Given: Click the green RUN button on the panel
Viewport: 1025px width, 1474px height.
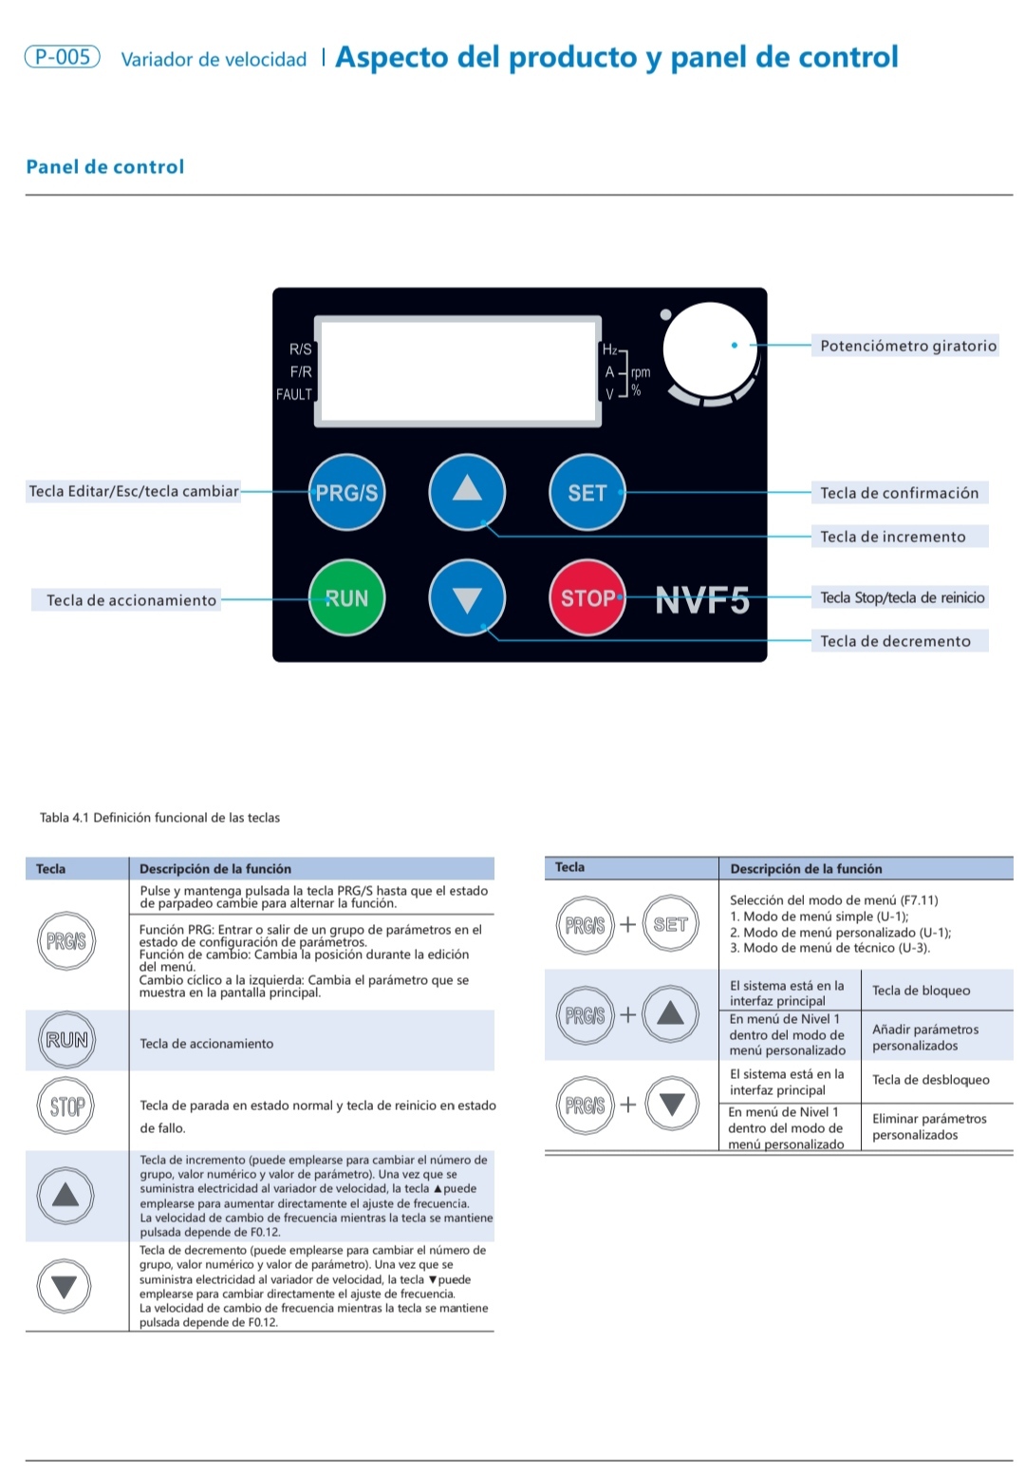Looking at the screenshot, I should coord(346,597).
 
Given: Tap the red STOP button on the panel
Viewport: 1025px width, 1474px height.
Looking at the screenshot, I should coord(587,597).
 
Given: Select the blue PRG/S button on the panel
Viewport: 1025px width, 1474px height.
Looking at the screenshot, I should coord(346,492).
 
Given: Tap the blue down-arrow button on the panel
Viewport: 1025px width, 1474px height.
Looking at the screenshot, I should coord(467,598).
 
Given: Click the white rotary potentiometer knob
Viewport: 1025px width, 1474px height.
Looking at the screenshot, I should coord(709,349).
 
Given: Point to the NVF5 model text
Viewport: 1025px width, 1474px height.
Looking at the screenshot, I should coord(702,600).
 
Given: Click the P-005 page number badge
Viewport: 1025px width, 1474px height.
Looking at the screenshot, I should coord(63,57).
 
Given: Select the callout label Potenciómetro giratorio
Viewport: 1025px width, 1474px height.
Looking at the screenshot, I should coord(907,346).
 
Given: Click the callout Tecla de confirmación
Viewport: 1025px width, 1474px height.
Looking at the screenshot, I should coord(899,493).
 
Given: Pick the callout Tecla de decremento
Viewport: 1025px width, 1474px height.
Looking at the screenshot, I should coord(895,641).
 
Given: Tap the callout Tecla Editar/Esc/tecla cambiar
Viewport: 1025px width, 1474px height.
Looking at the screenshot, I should coord(134,491).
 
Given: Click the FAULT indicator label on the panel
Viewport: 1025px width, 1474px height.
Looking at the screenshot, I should coord(294,394).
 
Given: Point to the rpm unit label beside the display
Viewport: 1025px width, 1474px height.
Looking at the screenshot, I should coord(641,372).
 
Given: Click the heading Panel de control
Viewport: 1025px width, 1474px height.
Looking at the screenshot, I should coord(105,167).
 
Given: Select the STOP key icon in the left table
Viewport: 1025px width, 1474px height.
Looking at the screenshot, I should coord(66,1106).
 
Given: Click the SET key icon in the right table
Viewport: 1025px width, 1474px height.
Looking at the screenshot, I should coord(670,924).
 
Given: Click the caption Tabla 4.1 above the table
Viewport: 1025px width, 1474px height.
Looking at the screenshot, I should coord(159,818).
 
